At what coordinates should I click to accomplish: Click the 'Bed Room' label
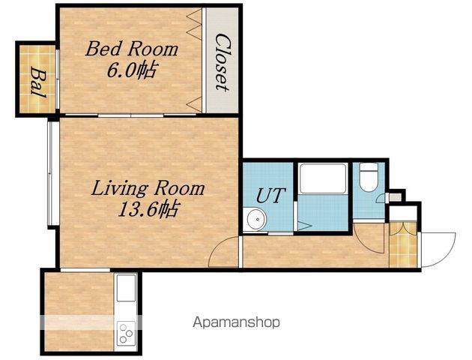coord(132,49)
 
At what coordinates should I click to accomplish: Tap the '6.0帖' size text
coord(131,70)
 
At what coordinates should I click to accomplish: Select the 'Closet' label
coord(223,62)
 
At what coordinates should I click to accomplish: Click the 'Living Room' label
coord(148,188)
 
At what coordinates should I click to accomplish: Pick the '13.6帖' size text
coord(147,209)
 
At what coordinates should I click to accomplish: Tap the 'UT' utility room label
coord(270,195)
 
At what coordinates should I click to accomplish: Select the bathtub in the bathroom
coord(324,178)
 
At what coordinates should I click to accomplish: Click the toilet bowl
coord(369,177)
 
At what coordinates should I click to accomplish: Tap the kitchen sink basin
coord(126,288)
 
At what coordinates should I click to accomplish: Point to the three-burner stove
coord(126,332)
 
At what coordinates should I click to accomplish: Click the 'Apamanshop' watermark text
coord(236,322)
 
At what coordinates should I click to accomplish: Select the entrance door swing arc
coord(449,250)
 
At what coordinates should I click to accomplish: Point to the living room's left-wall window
coord(51,173)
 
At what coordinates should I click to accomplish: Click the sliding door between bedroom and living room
coord(130,115)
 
